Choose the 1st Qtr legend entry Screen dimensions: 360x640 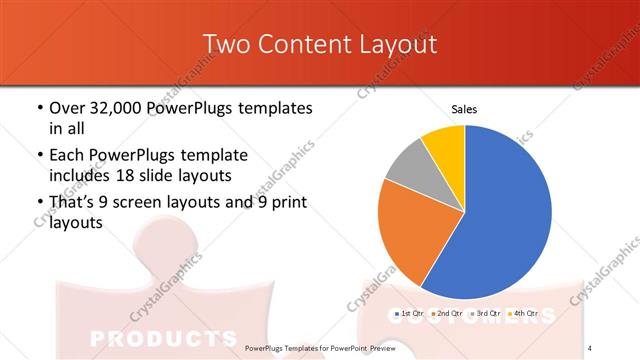pyautogui.click(x=411, y=313)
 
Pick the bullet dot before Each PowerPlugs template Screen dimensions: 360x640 pyautogui.click(x=39, y=156)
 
